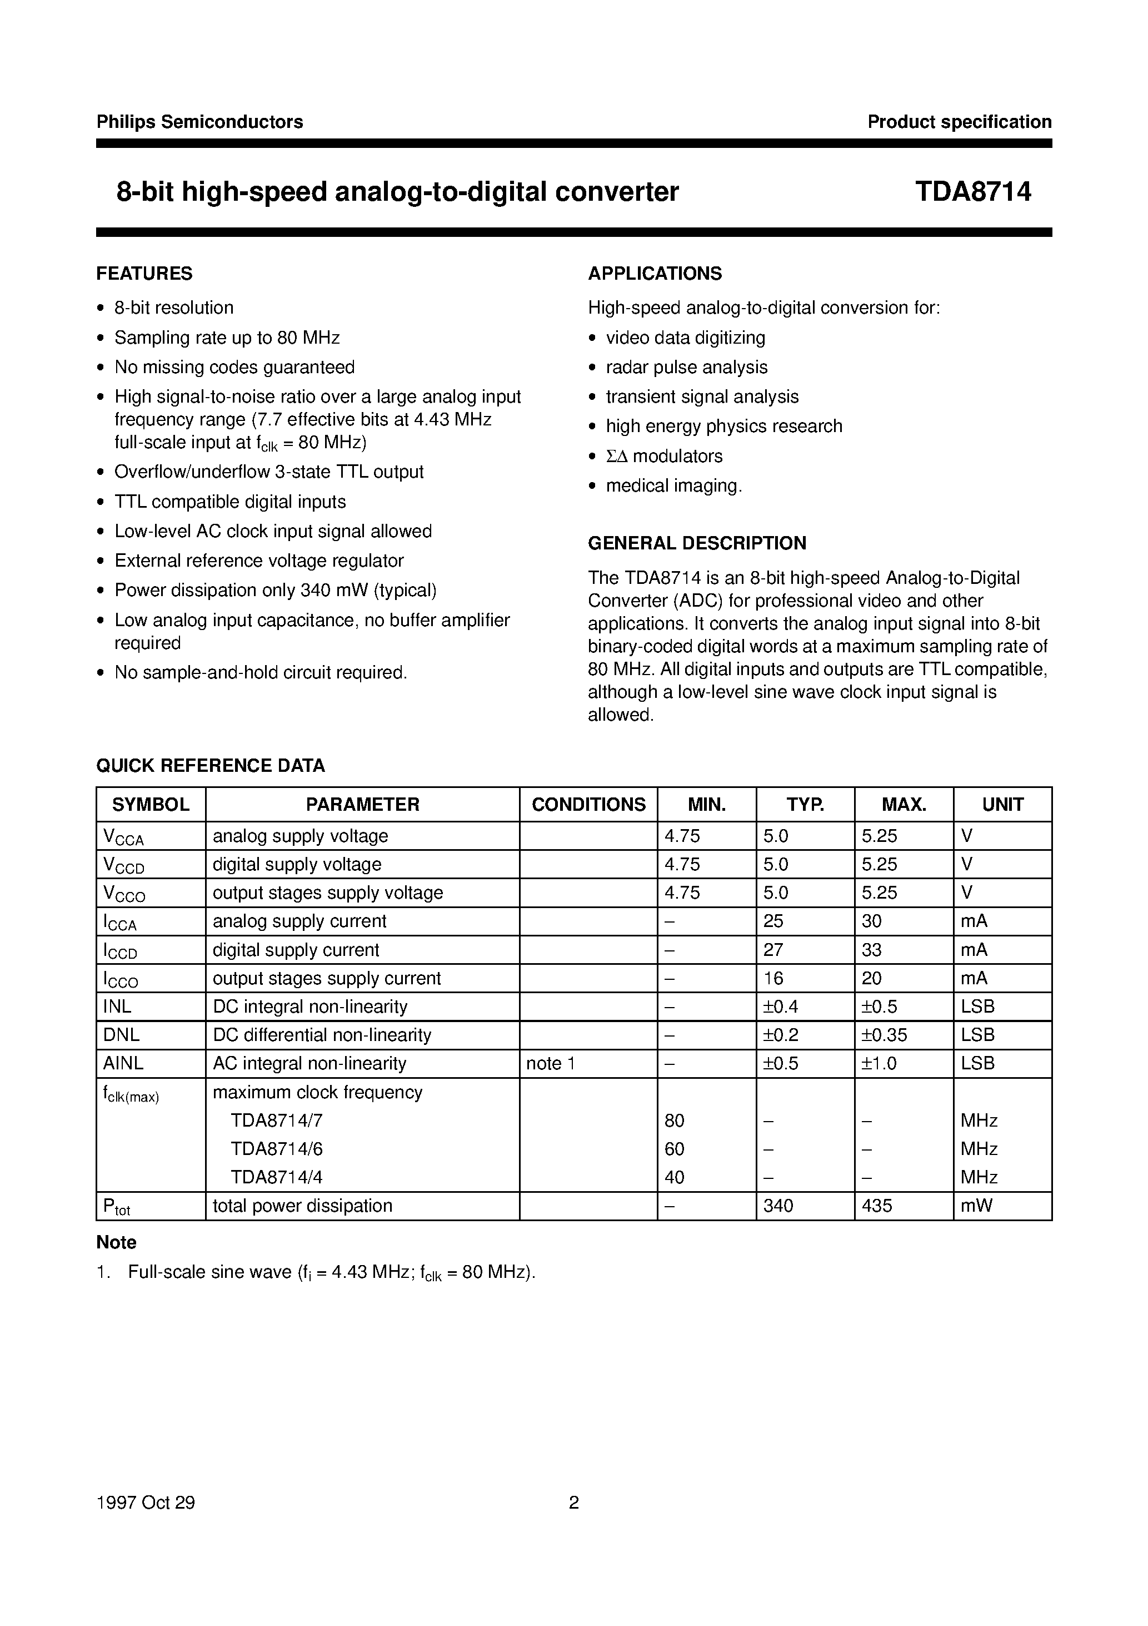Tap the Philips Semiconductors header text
[x=199, y=122]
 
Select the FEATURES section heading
[x=144, y=274]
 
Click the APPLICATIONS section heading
[x=655, y=274]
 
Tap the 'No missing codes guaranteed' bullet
[x=234, y=368]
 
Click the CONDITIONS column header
[x=588, y=805]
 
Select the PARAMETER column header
[x=362, y=805]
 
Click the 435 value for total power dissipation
[x=877, y=1206]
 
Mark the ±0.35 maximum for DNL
[x=884, y=1035]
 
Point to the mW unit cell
[x=976, y=1206]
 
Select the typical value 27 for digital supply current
[x=773, y=950]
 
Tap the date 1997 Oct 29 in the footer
[x=146, y=1503]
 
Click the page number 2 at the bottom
[x=574, y=1503]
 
